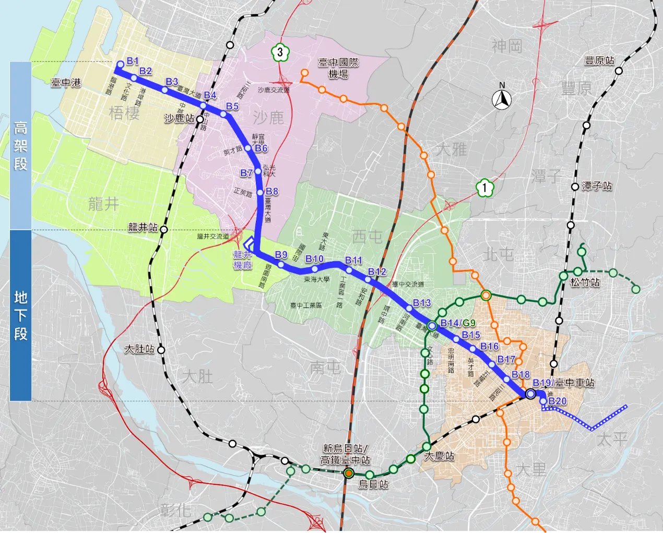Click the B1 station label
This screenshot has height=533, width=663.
click(x=133, y=62)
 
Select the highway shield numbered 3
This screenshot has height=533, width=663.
click(x=280, y=52)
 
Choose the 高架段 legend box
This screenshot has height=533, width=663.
click(x=20, y=146)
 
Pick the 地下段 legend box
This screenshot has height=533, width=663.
click(x=20, y=315)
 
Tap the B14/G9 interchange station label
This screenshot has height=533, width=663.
click(x=457, y=323)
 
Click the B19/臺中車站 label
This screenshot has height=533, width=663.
click(x=563, y=383)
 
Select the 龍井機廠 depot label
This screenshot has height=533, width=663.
click(x=243, y=259)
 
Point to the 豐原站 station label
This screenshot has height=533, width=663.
click(x=599, y=61)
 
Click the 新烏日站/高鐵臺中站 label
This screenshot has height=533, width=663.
click(x=345, y=454)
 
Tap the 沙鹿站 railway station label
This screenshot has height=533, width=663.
click(x=179, y=119)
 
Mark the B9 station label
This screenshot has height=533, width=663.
click(x=281, y=255)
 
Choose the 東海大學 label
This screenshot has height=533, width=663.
click(x=317, y=279)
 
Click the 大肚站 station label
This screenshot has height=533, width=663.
click(x=139, y=348)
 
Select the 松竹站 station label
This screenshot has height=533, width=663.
click(x=585, y=282)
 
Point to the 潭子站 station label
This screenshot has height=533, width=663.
click(x=597, y=186)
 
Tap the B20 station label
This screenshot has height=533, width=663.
click(x=558, y=401)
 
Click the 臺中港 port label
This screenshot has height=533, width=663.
click(x=66, y=82)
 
